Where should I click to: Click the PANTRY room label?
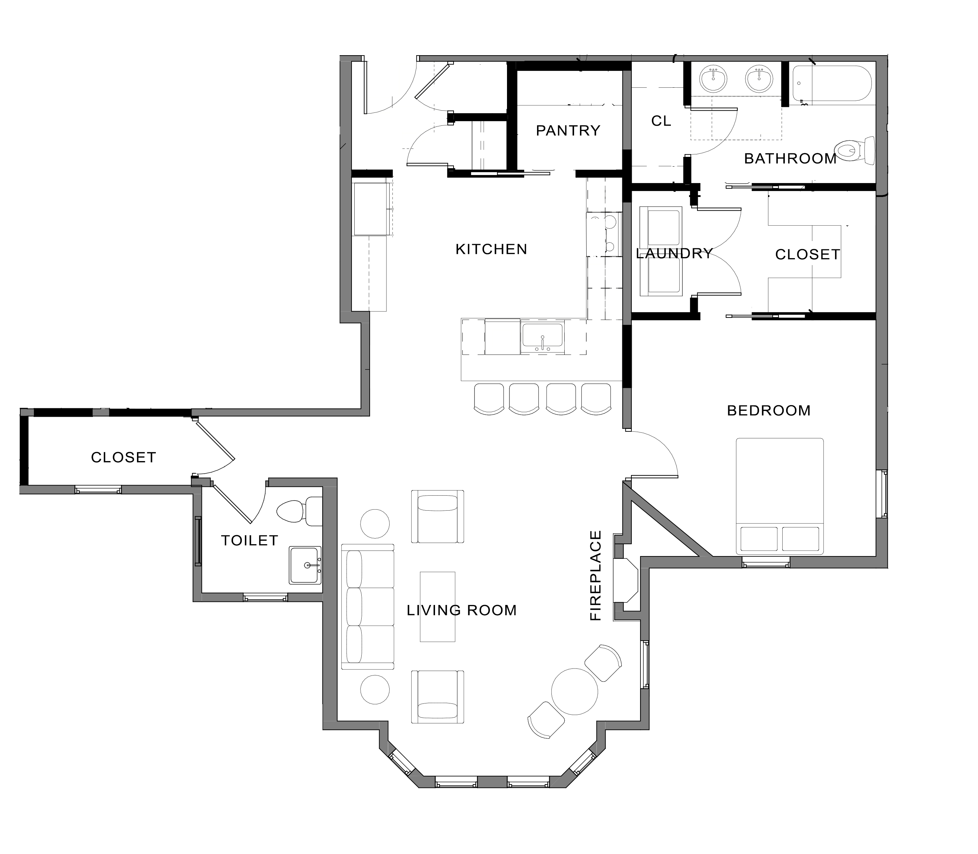tap(568, 131)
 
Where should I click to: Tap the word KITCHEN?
tap(491, 249)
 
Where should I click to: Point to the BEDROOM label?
tap(769, 410)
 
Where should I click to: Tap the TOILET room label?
tap(250, 540)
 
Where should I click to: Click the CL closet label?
tap(661, 121)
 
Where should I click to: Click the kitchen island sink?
tap(542, 338)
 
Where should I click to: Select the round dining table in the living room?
tap(575, 692)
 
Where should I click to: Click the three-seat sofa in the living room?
tap(368, 607)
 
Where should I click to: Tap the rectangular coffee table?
tap(437, 607)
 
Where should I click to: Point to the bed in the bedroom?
tap(780, 497)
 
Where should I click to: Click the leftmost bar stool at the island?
tap(489, 399)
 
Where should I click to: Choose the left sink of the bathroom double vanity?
tap(713, 80)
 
